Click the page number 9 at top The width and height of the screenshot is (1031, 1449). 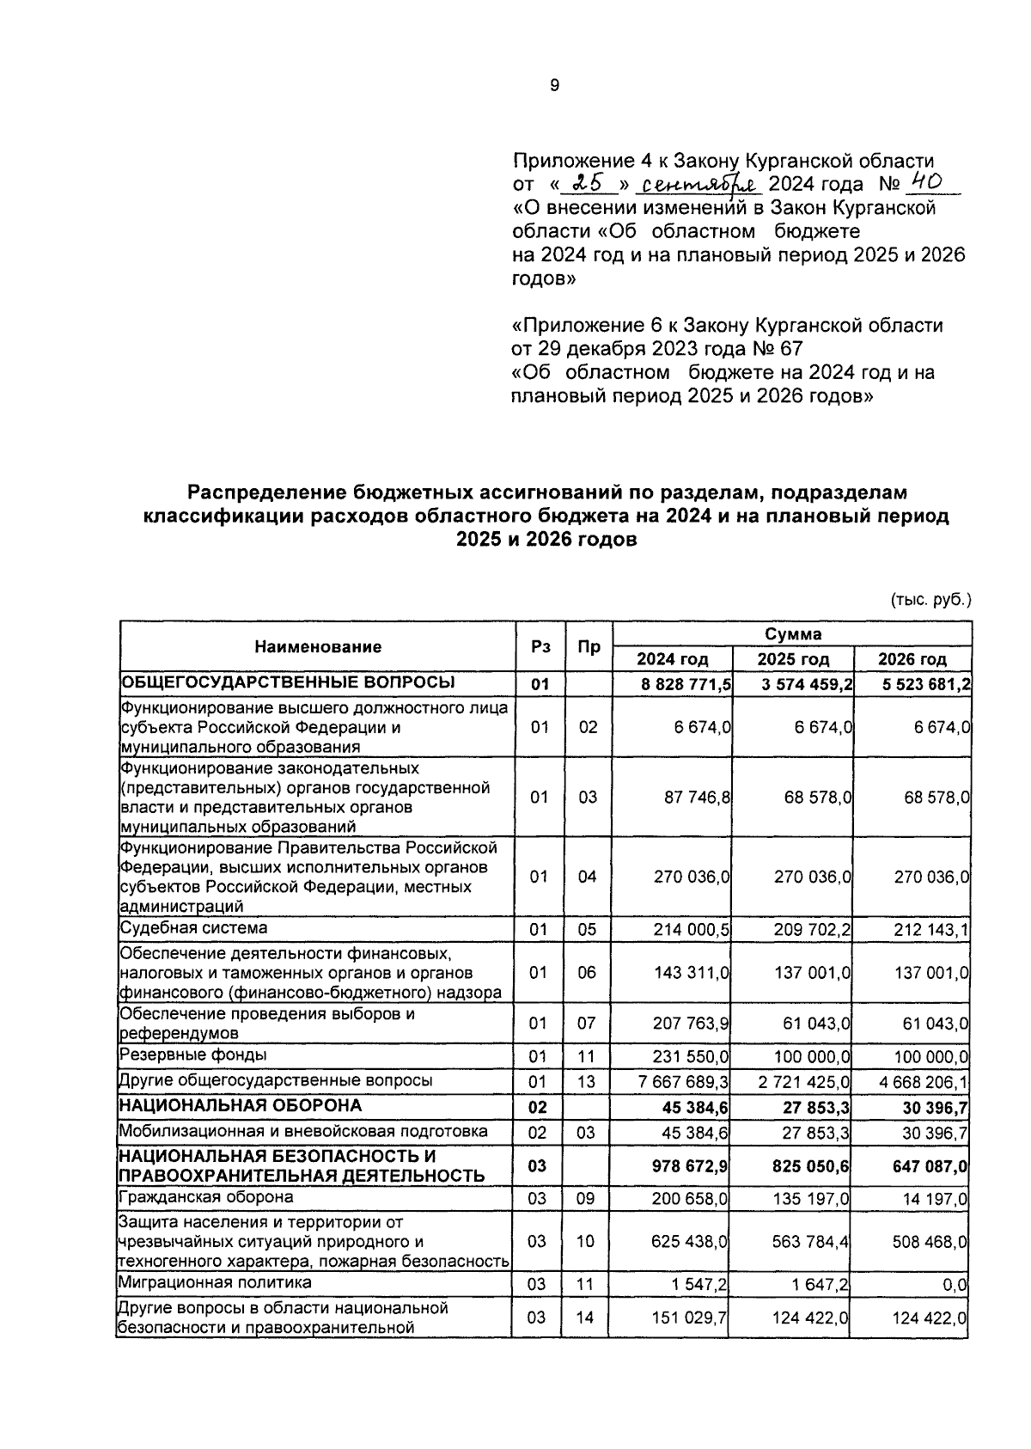coord(553,85)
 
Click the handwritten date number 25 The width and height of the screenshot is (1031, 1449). coord(589,183)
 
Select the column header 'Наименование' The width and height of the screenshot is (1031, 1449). coord(318,647)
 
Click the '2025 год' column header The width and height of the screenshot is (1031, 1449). coord(792,659)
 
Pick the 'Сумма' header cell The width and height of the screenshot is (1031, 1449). coord(792,634)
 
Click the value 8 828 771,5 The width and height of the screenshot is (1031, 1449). coord(686,685)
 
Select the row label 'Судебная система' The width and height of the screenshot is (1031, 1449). coord(193,928)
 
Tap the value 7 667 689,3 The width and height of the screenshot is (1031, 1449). coord(684,1081)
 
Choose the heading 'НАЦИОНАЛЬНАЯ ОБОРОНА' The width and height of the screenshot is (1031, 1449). coord(240,1105)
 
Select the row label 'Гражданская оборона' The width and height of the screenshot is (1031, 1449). coord(206,1197)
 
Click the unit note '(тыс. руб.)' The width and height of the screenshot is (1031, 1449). coord(930,600)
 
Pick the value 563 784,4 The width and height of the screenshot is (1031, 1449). coord(808,1242)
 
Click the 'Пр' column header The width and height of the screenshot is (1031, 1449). coord(588,647)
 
